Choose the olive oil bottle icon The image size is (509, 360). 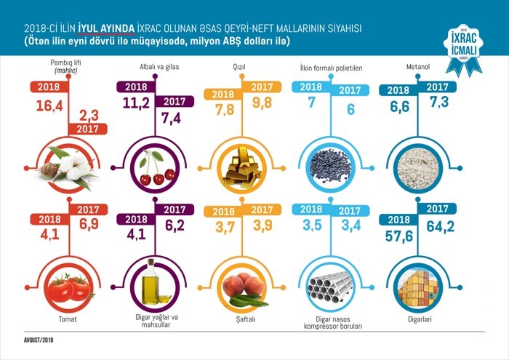tap(152, 284)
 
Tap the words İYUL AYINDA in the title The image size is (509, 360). tap(106, 28)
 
